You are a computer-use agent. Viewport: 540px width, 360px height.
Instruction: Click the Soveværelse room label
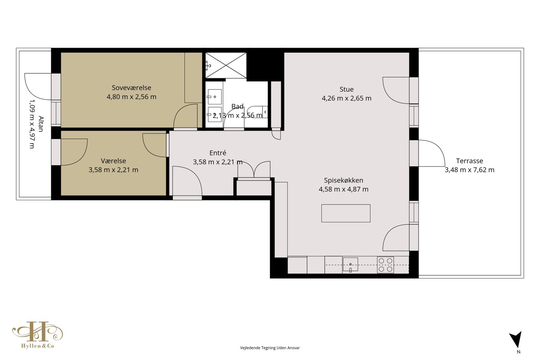pos(131,88)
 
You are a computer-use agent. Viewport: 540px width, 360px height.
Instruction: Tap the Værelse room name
pos(113,161)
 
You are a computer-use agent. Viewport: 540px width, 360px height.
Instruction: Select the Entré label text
pos(218,153)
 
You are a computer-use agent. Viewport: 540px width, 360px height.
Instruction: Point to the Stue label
pos(346,89)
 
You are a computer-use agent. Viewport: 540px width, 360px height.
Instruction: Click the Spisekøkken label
pos(343,180)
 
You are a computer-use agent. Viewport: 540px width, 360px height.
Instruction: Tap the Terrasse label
pos(469,161)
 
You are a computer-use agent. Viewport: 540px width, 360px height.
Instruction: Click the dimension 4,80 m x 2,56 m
pos(131,97)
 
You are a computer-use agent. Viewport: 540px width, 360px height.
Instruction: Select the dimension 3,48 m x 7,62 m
pos(469,170)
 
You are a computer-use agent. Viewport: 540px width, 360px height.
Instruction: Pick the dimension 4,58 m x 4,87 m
pos(343,189)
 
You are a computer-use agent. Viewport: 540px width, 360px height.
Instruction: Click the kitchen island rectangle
pos(346,213)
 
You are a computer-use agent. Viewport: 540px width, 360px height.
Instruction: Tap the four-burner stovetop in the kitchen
pos(386,265)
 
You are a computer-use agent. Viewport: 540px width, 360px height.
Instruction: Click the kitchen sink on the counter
pos(350,265)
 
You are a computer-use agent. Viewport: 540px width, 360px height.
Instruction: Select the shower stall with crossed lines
pos(226,65)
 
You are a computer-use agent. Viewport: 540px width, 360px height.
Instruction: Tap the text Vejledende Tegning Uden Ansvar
pos(270,348)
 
